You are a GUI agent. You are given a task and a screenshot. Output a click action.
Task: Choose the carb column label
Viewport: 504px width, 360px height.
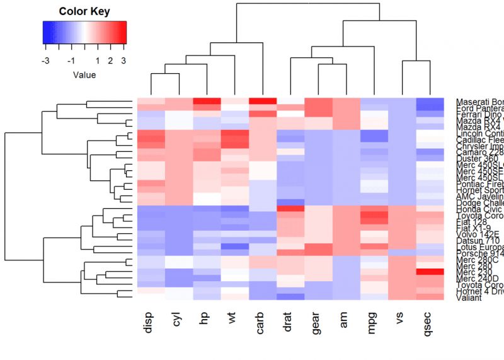(261, 319)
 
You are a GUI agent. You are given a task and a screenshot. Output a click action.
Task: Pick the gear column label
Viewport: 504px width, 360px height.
(317, 319)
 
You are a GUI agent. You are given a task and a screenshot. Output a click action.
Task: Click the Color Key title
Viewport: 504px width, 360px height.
(84, 11)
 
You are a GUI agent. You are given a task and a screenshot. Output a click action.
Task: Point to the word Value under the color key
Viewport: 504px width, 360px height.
(84, 75)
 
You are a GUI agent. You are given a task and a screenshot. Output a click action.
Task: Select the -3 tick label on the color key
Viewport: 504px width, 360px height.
(45, 61)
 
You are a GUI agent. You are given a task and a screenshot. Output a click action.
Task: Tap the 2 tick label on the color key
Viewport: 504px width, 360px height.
(110, 61)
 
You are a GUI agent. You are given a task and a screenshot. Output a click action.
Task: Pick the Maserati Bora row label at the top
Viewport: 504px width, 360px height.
(479, 102)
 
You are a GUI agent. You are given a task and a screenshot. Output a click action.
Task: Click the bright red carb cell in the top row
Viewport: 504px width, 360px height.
(263, 102)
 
